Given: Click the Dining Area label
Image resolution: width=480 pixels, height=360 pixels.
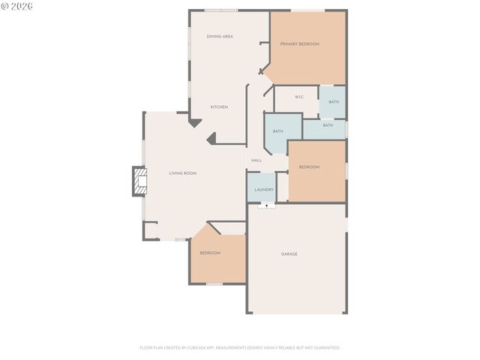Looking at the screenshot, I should pos(220,36).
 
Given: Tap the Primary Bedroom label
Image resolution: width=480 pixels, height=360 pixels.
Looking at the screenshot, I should pos(299,44).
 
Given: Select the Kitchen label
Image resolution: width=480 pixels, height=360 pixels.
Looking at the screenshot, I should pos(219,107).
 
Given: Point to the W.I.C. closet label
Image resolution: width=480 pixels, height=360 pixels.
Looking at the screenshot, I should pos(298,97).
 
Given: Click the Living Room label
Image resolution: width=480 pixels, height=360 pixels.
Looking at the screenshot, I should pos(182,173).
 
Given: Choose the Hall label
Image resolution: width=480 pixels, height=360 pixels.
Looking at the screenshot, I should pos(256,160).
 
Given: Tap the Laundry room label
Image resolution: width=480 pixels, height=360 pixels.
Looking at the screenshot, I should pos(264,190).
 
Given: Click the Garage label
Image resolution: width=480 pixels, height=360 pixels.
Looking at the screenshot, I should pos(289,254).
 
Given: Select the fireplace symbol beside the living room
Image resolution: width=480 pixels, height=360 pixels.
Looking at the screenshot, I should pos(139,181).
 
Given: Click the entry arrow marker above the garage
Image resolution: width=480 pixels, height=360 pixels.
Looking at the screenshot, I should pos(266,205).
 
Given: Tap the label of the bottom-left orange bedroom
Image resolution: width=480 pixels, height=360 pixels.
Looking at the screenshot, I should pos(210,253).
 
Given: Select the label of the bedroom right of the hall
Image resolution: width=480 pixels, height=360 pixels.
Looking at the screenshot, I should pos(309,166).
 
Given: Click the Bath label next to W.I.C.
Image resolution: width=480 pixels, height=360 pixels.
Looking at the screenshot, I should pos(334,102).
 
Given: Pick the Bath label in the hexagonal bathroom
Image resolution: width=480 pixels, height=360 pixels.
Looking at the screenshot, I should pos(278,131).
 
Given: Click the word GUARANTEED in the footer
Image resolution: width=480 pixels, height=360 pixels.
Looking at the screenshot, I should pos(324,348).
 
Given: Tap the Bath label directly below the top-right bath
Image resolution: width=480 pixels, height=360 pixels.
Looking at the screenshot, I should pos(328,125).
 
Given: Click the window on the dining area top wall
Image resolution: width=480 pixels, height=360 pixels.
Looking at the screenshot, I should pos(221,10).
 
